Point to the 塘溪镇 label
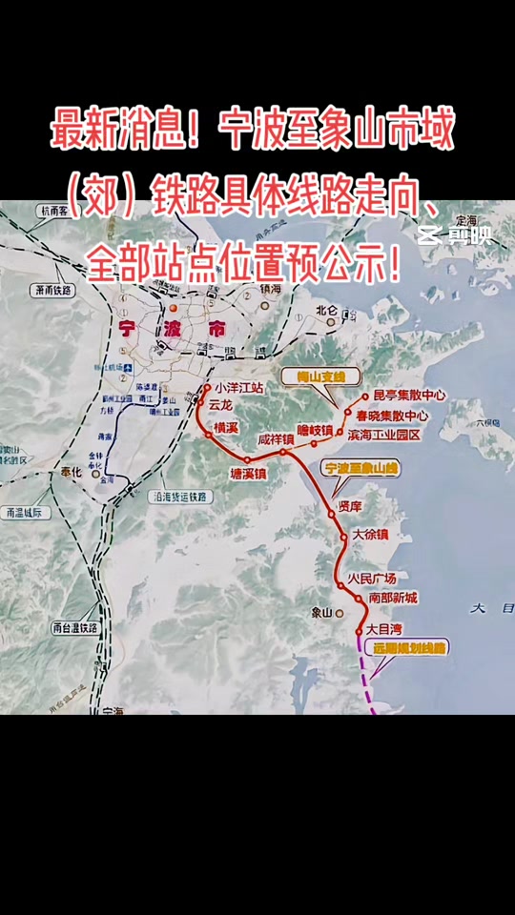pyautogui.click(x=249, y=473)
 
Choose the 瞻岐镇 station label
pyautogui.click(x=315, y=431)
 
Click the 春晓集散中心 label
pyautogui.click(x=393, y=416)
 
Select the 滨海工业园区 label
pyautogui.click(x=384, y=435)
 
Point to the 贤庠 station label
pyautogui.click(x=350, y=506)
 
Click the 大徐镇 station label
pyautogui.click(x=371, y=535)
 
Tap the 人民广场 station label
pyautogui.click(x=371, y=579)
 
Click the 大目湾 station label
pyautogui.click(x=385, y=630)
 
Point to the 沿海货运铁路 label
pyautogui.click(x=178, y=497)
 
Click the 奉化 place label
pyautogui.click(x=71, y=473)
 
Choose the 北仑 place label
pyautogui.click(x=327, y=309)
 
